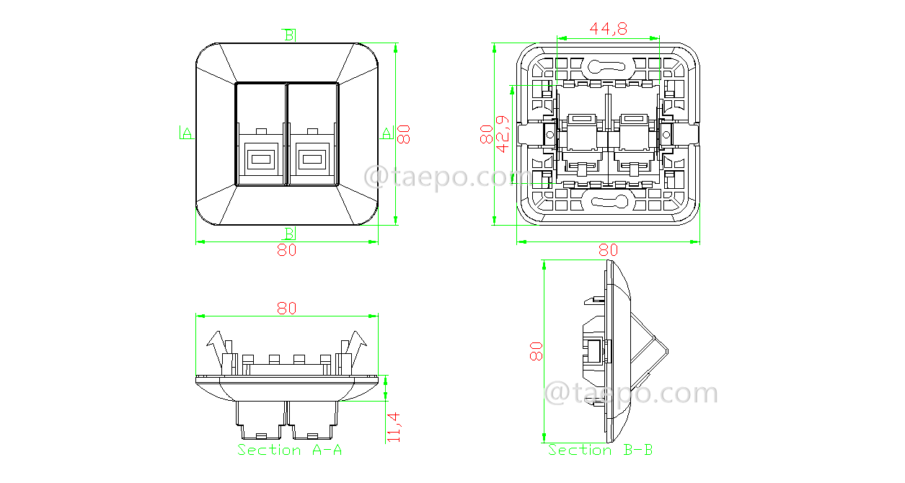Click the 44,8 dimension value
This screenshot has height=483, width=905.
(x=608, y=29)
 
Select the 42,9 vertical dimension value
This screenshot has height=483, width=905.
(x=503, y=134)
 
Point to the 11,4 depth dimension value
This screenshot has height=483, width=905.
(x=394, y=426)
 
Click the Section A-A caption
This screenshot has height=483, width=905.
(x=289, y=450)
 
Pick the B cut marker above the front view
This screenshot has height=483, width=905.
(x=288, y=34)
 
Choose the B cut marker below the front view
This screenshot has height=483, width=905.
(x=288, y=233)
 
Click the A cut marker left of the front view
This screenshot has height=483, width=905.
(x=186, y=132)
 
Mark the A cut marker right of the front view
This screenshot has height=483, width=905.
(x=387, y=132)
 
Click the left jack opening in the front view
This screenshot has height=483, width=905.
(x=260, y=156)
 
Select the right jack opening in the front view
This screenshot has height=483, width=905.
(x=311, y=156)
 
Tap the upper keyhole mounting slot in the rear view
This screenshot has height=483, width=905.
(x=609, y=67)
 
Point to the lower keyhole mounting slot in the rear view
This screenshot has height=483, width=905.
(x=609, y=201)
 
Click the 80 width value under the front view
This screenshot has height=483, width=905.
(x=287, y=250)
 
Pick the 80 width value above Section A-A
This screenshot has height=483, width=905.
(x=287, y=308)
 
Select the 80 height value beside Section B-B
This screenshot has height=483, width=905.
(x=536, y=352)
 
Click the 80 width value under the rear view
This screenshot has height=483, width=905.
(x=608, y=250)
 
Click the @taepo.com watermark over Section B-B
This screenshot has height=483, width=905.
(x=630, y=394)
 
